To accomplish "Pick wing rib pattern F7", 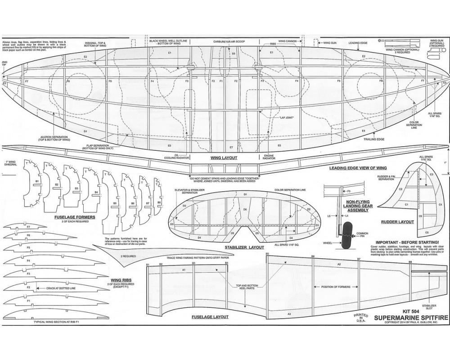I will coord(28,227).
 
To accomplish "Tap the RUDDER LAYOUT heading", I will coord(397,221).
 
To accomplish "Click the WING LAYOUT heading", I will coord(224,158).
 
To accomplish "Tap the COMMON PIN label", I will coord(363,235).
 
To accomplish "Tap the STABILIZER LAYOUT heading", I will coord(245,247).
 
